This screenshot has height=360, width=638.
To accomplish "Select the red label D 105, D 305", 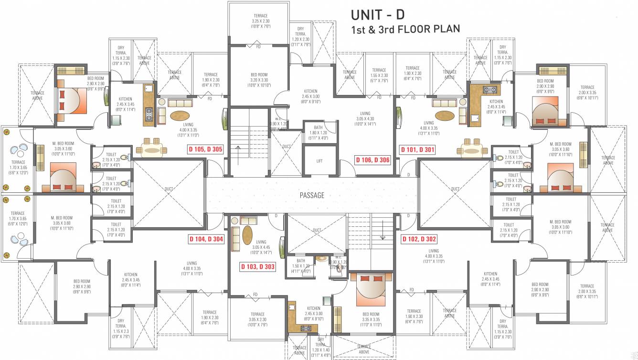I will pos(205,149).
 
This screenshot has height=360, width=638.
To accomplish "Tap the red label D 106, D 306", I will pos(373,160).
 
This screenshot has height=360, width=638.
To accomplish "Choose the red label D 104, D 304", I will pos(206,239).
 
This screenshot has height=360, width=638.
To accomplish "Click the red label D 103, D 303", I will pos(257,267).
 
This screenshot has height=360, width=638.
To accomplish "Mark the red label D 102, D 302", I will pos(418,239).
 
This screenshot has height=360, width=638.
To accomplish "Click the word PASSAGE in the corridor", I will pos(312,195).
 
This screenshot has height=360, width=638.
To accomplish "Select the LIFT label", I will pos(319,161).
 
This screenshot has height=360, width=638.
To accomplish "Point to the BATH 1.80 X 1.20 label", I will pos(319,132).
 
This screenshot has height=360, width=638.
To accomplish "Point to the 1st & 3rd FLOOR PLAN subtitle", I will pos(405,29).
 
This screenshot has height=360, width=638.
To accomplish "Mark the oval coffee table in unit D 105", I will pos(180,116).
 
